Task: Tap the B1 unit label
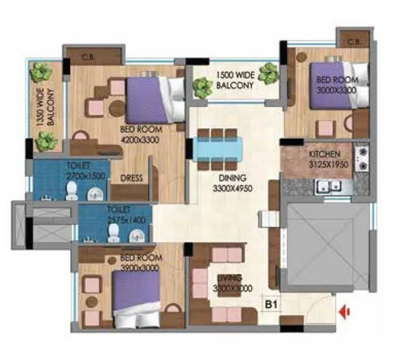click(270, 305)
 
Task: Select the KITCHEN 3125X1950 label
click(325, 160)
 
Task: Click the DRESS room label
click(132, 178)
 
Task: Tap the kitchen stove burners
click(362, 159)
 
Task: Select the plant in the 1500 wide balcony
click(268, 73)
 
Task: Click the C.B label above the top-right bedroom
click(354, 43)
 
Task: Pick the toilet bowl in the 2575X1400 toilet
click(114, 231)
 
